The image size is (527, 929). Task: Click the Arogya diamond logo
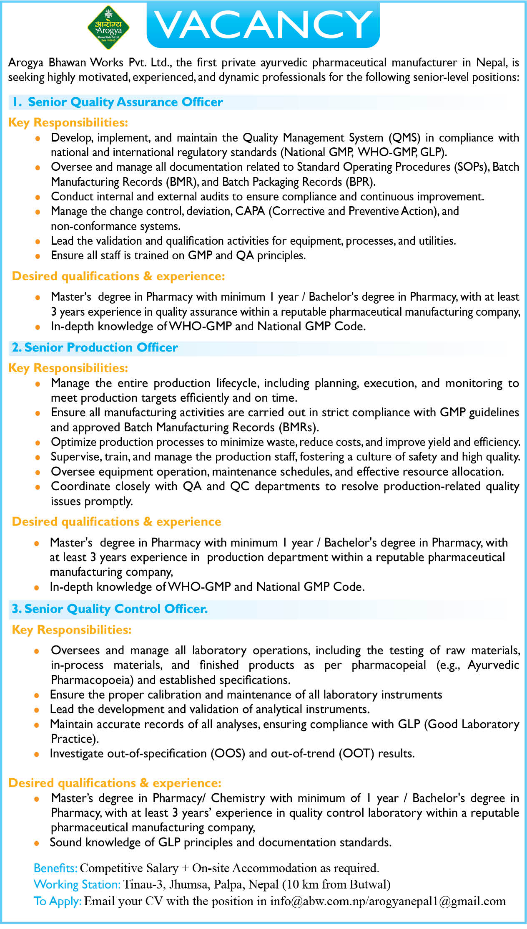coord(108,28)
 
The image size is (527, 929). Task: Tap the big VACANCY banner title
coord(263,25)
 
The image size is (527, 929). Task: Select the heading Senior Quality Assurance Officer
coord(125,102)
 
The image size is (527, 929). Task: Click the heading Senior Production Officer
coord(101,347)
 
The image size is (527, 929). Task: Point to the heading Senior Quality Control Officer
coord(116,609)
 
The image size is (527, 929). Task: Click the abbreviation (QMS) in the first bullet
coord(404,138)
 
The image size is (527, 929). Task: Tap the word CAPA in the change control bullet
coord(250,211)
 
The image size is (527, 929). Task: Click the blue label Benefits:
coord(55,868)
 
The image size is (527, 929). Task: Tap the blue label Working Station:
coord(77,884)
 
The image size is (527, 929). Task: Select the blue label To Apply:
coord(58,901)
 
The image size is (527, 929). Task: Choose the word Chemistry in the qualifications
coord(238,798)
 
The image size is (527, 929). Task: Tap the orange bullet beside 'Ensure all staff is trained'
coord(38,256)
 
